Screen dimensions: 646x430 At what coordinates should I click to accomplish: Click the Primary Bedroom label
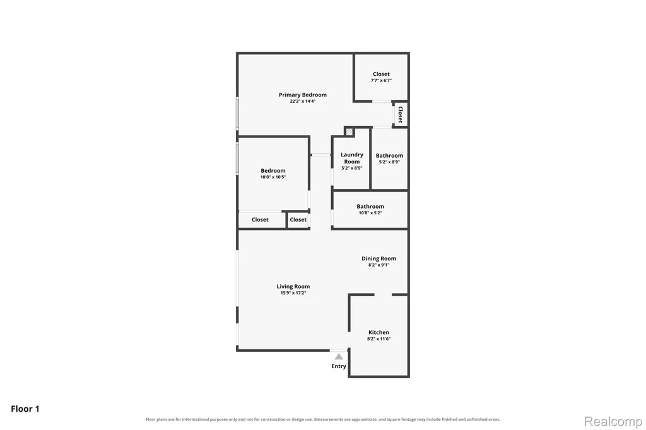coord(303,95)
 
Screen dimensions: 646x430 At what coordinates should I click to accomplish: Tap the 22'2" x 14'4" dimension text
coord(303,102)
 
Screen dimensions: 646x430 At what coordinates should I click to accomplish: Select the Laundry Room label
coord(352,158)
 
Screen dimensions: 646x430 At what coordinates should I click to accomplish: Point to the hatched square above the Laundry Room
coord(349,132)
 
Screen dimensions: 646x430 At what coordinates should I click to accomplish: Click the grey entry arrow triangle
coord(339,357)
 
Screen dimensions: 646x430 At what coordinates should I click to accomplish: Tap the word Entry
coord(339,366)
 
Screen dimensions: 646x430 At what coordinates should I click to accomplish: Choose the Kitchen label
coord(379,332)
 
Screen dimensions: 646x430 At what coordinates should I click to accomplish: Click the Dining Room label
coord(379,259)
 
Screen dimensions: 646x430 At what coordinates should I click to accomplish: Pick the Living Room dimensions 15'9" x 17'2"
coord(293,293)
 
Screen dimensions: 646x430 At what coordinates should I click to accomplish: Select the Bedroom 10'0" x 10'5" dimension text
coord(273,177)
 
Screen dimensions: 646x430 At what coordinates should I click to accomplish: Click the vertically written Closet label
coord(400,115)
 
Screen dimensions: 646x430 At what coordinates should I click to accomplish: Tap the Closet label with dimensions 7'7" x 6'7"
coord(381,74)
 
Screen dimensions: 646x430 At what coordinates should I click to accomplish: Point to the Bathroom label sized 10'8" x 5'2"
coord(370,206)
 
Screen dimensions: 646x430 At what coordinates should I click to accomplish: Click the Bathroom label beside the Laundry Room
coord(389,156)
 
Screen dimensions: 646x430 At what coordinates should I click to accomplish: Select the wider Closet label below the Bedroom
coord(260,220)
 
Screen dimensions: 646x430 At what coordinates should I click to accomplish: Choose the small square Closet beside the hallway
coord(298,220)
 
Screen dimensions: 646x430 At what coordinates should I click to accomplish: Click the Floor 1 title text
coord(25,409)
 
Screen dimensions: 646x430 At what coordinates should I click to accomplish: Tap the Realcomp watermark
coord(613,421)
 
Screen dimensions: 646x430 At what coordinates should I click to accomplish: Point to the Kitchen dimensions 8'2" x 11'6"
coord(379,339)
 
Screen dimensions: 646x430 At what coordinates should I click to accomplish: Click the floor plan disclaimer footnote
coord(323,419)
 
